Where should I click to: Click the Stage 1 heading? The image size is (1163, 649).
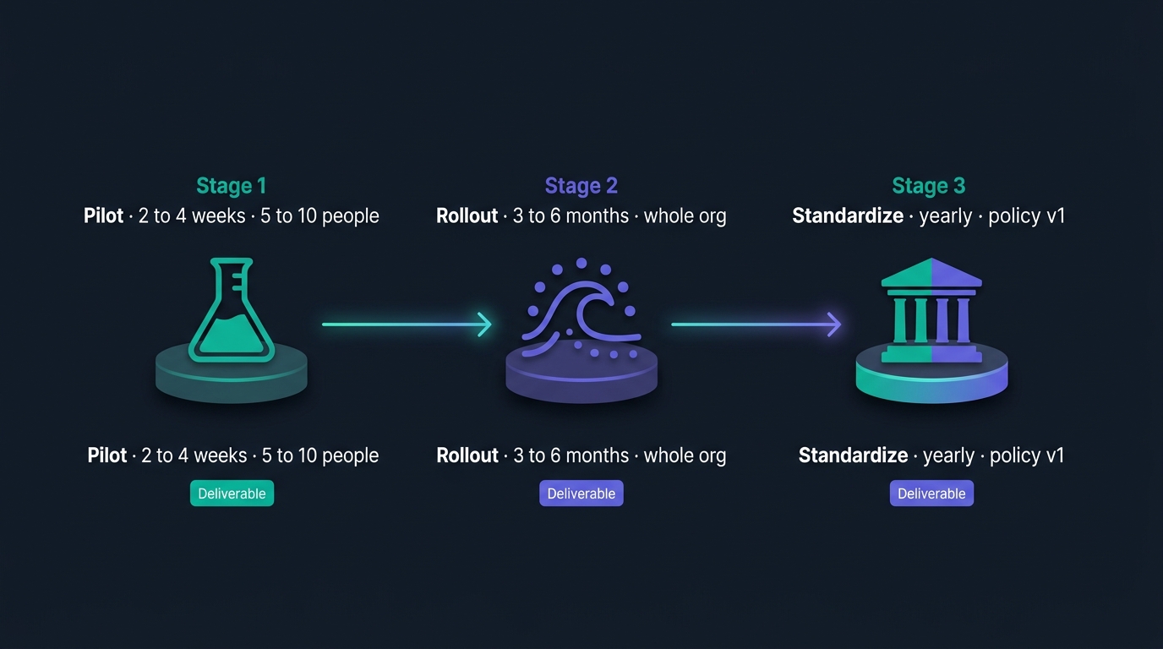pyautogui.click(x=231, y=185)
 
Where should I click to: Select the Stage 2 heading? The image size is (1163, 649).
pyautogui.click(x=581, y=185)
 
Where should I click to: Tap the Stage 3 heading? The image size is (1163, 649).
pyautogui.click(x=928, y=185)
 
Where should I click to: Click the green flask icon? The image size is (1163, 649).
pyautogui.click(x=232, y=309)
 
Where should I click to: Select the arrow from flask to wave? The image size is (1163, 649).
pyautogui.click(x=407, y=324)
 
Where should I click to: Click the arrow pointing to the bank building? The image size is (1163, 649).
pyautogui.click(x=756, y=324)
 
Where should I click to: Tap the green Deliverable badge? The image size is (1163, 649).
pyautogui.click(x=232, y=494)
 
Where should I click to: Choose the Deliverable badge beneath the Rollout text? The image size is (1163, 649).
pyautogui.click(x=581, y=494)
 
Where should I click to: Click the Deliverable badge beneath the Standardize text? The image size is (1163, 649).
pyautogui.click(x=931, y=494)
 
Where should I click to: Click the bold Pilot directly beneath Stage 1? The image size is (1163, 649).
pyautogui.click(x=103, y=215)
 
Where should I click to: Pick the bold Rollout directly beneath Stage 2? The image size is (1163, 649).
pyautogui.click(x=467, y=215)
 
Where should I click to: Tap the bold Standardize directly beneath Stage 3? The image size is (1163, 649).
pyautogui.click(x=848, y=215)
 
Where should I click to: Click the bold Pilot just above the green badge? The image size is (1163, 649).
pyautogui.click(x=107, y=455)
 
